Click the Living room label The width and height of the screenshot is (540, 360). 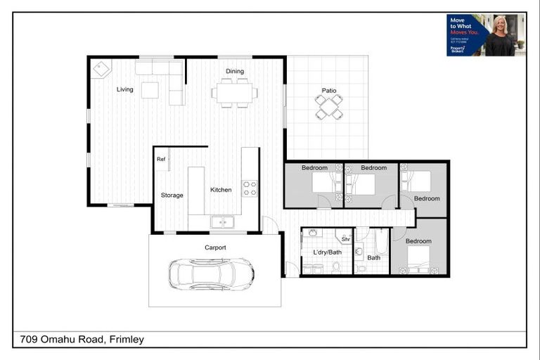(125, 89)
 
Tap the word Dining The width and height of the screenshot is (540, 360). (234, 71)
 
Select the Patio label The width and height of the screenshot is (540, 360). (328, 90)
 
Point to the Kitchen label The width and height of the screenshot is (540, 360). (221, 190)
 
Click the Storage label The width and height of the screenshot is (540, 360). (172, 195)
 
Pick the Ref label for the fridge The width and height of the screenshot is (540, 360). (161, 159)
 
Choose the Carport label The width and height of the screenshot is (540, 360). (215, 247)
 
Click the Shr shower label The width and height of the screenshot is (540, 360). (345, 239)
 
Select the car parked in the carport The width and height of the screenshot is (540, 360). (211, 273)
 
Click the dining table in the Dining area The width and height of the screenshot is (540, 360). (234, 93)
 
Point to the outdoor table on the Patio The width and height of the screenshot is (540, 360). (328, 107)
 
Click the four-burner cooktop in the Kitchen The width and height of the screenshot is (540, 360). (250, 188)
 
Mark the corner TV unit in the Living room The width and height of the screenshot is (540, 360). (103, 69)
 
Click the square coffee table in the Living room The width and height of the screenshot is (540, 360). (150, 90)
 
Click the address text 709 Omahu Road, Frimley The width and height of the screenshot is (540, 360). (79, 340)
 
